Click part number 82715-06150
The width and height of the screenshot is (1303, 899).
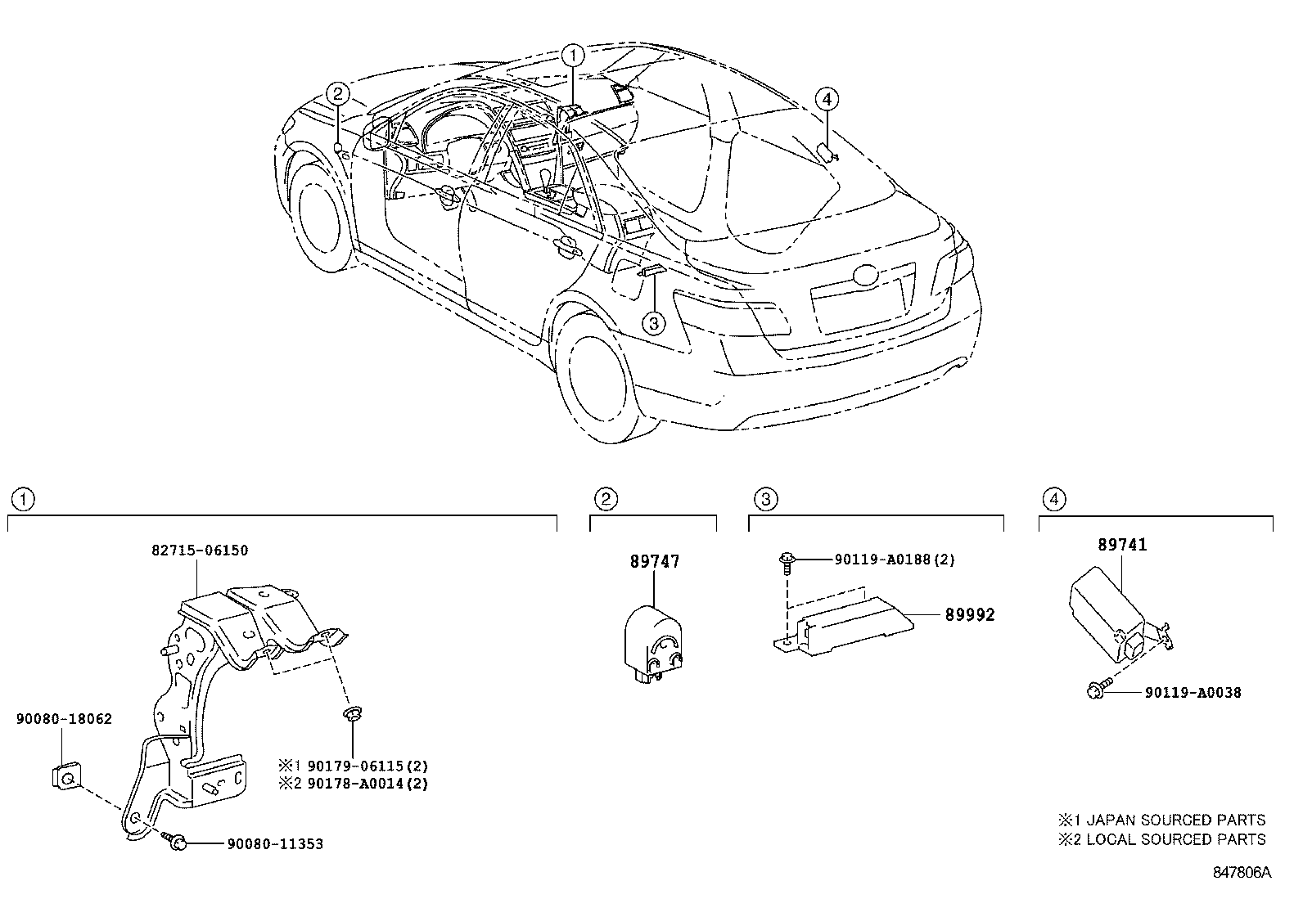point(201,551)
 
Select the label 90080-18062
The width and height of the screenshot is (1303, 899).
point(64,719)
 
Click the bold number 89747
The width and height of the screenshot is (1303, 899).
point(654,562)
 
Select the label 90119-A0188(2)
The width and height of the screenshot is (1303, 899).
point(895,560)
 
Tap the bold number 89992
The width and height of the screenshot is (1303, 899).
point(970,614)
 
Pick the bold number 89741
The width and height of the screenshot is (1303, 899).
point(1121,546)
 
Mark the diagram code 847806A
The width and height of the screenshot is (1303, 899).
point(1242,872)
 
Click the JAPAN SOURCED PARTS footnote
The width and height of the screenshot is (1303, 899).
point(1161,820)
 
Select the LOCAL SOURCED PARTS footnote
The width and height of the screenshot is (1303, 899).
point(1161,839)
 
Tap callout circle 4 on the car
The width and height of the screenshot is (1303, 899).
point(827,100)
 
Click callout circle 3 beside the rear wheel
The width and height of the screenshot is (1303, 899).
point(653,324)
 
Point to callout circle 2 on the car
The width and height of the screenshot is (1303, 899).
point(338,94)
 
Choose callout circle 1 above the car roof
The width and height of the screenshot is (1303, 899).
point(573,56)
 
